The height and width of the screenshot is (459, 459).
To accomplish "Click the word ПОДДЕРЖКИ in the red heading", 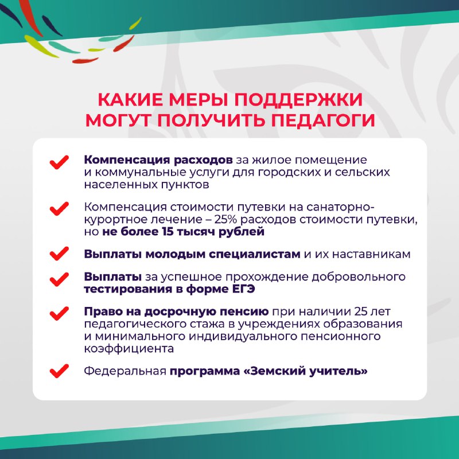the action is click(x=298, y=100).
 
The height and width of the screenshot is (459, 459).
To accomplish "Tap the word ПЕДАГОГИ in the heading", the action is click(x=323, y=120).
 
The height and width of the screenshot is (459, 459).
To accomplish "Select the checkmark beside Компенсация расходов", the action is click(x=60, y=162).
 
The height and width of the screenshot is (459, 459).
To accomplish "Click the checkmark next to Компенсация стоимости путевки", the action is click(x=60, y=209).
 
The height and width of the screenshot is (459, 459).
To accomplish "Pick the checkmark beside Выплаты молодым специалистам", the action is click(x=60, y=254).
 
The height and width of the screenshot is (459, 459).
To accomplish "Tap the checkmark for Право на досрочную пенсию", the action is click(x=60, y=313).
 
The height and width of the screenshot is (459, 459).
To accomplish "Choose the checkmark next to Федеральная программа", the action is click(x=60, y=371).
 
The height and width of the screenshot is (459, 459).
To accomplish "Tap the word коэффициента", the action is click(x=129, y=349).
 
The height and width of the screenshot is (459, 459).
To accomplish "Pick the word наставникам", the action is click(x=371, y=254).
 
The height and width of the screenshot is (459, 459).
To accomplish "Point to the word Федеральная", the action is click(x=125, y=371).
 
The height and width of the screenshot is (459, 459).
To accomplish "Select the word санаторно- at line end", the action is click(x=340, y=207).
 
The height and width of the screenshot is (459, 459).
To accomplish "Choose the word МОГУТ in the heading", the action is click(x=119, y=120).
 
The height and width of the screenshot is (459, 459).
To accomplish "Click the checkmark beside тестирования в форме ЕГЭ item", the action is click(x=60, y=279).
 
